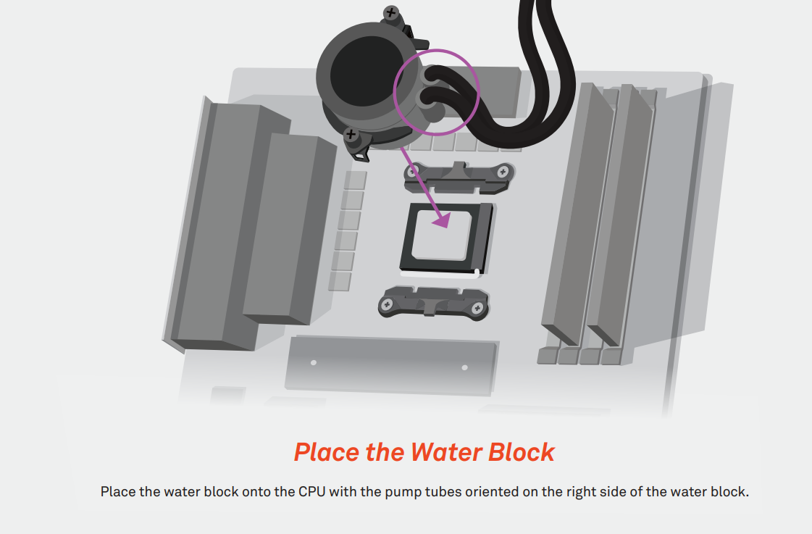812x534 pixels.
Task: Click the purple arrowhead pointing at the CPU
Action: [x=442, y=220]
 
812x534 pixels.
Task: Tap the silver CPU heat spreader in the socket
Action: [x=442, y=235]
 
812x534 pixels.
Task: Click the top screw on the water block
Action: [x=391, y=12]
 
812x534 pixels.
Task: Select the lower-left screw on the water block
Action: [x=351, y=135]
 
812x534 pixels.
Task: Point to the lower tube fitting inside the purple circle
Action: [x=427, y=100]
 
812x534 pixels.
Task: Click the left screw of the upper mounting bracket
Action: [x=412, y=172]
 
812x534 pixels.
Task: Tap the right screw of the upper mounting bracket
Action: [x=502, y=172]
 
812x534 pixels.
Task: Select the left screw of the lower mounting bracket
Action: [x=386, y=305]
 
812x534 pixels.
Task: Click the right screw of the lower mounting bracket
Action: [x=477, y=309]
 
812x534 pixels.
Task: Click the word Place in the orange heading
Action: [x=327, y=452]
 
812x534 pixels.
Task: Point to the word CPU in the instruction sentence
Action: [x=311, y=491]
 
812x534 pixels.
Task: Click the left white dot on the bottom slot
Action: [x=314, y=362]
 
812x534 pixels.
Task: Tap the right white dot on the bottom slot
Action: [x=464, y=368]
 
